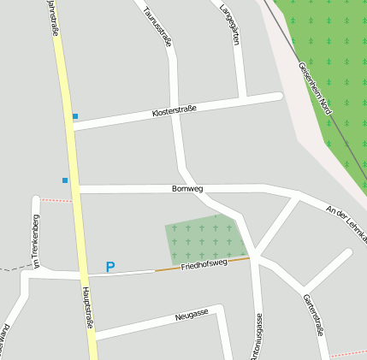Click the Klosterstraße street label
[x=175, y=110]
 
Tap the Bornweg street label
[x=187, y=188]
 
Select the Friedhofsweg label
[x=204, y=265]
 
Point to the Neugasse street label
[x=192, y=315]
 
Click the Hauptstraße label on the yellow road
[x=88, y=308]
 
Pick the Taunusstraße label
[x=159, y=25]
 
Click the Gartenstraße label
[x=314, y=314]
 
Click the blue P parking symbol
[x=110, y=267]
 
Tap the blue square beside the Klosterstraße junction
[x=75, y=116]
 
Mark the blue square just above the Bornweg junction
[x=65, y=180]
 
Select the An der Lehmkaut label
[x=346, y=222]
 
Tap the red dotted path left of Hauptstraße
[x=56, y=200]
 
